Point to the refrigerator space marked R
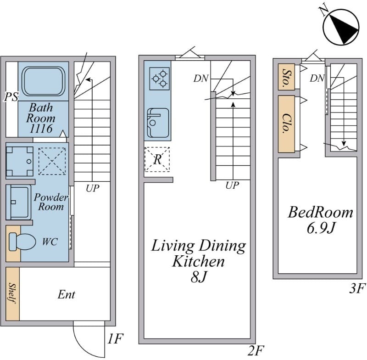tap(157, 159)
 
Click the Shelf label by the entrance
tap(12, 293)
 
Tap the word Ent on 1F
tap(66, 295)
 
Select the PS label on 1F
tap(11, 97)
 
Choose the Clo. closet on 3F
tap(286, 124)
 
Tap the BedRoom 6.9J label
tap(320, 219)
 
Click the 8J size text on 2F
tap(198, 278)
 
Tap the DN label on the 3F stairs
tap(317, 79)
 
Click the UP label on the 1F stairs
tap(92, 188)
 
